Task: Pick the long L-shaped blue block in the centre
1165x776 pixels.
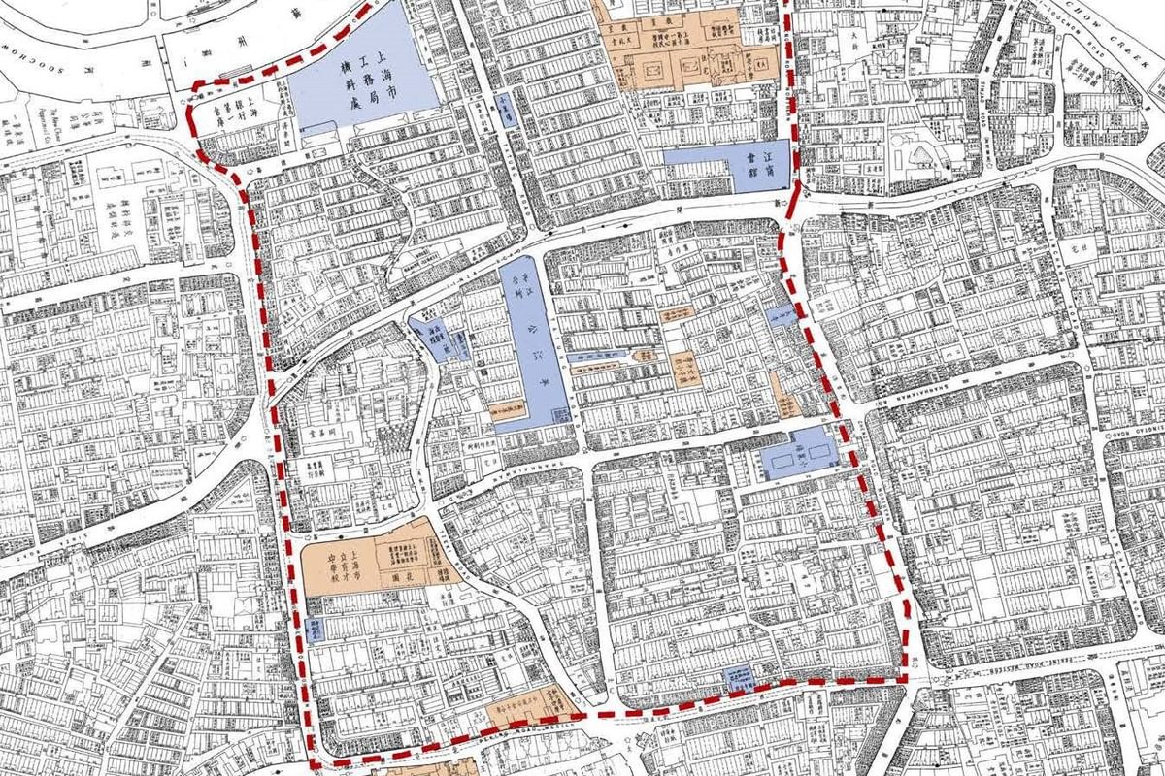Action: [533, 339]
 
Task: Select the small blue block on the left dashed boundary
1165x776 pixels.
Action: [316, 630]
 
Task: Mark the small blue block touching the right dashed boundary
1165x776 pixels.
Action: [781, 314]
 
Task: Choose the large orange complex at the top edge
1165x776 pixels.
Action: [680, 48]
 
